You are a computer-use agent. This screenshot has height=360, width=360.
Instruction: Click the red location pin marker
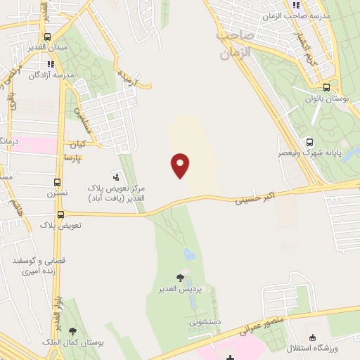coord(180,165)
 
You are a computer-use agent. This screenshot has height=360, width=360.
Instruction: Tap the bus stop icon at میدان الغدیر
coord(46,37)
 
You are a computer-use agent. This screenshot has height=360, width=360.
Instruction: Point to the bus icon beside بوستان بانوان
coord(327,88)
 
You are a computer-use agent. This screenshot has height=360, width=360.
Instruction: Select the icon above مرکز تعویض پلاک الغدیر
coord(116,175)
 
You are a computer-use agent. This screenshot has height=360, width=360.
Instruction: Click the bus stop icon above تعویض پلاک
coord(60,214)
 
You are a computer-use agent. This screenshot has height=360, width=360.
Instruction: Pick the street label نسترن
coord(58,193)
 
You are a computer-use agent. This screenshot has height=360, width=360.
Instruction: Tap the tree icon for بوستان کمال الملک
coord(73,330)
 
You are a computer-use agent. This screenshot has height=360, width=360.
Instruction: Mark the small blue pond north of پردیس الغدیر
coord(188,254)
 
